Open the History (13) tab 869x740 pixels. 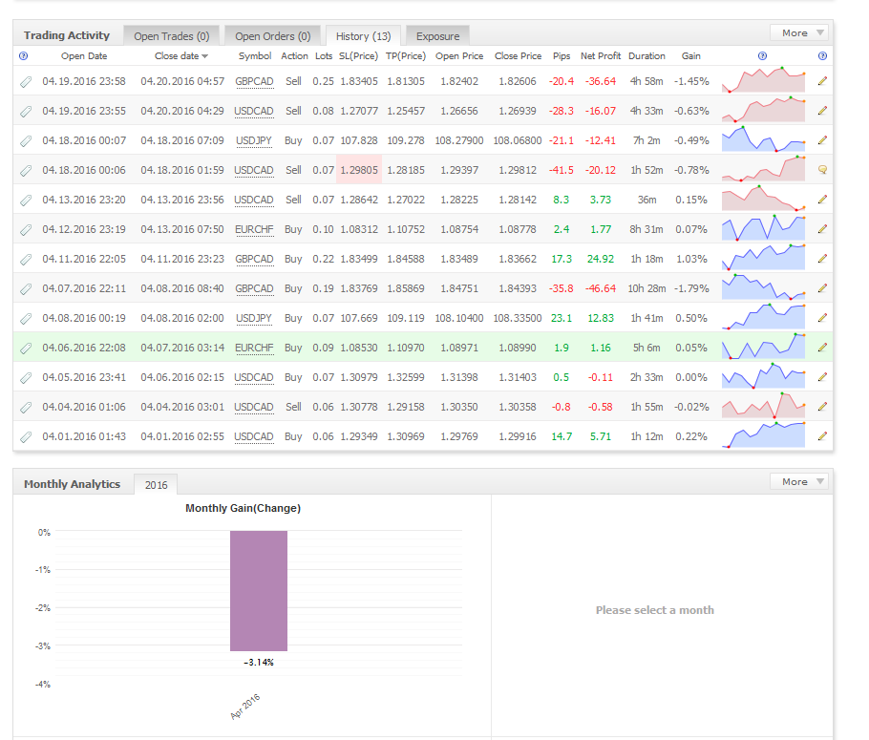tap(363, 36)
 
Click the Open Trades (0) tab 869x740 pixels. tap(171, 36)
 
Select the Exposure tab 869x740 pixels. tap(437, 36)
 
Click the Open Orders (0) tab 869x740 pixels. tap(273, 36)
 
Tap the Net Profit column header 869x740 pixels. tap(601, 56)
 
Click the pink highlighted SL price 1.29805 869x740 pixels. tap(359, 170)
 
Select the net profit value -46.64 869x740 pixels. tap(601, 288)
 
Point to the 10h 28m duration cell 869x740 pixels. tap(646, 288)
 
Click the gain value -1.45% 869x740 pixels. tap(691, 81)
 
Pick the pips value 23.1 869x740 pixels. tap(562, 318)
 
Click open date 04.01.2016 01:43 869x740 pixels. tap(84, 436)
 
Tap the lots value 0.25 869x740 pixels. tap(323, 81)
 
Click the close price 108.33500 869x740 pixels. tap(518, 318)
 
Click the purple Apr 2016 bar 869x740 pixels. tap(259, 591)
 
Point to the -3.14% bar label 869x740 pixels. tap(259, 663)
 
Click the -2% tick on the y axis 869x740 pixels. tap(43, 608)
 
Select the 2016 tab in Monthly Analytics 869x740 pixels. tap(157, 485)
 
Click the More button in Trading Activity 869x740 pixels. tap(799, 32)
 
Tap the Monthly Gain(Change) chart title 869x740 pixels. tap(244, 508)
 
